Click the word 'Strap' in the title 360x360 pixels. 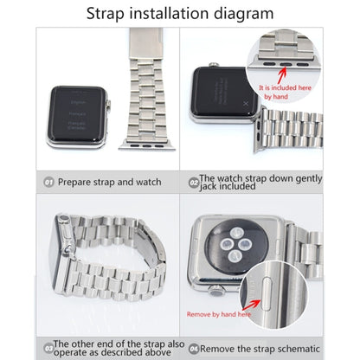pos(111,13)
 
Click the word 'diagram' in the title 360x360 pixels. pos(245,13)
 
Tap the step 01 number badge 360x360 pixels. pos(49,183)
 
